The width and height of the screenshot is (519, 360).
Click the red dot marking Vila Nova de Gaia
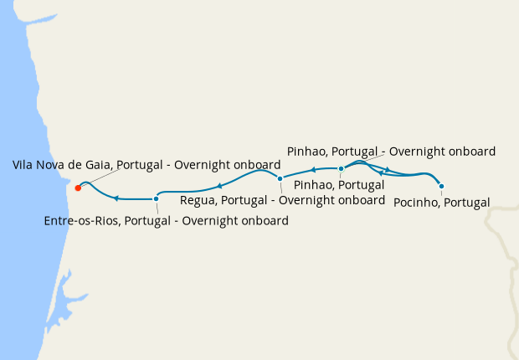click(x=77, y=187)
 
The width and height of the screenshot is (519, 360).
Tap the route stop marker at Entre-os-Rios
click(x=156, y=199)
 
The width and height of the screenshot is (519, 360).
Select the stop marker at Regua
click(x=280, y=178)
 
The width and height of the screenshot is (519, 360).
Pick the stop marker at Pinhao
click(x=341, y=169)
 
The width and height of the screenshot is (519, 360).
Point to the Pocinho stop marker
click(x=441, y=186)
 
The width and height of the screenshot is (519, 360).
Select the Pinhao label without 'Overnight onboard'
click(x=338, y=184)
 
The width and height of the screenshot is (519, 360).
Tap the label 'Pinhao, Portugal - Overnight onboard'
click(x=391, y=152)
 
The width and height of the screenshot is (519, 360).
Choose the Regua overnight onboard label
click(x=282, y=201)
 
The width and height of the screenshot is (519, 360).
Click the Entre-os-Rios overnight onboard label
click(x=166, y=221)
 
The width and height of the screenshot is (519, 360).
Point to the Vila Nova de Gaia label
click(x=146, y=166)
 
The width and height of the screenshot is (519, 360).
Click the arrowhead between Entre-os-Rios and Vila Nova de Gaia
click(x=116, y=198)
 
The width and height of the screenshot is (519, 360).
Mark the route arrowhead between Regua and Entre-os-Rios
click(x=219, y=186)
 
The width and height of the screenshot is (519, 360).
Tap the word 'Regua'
click(x=199, y=201)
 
